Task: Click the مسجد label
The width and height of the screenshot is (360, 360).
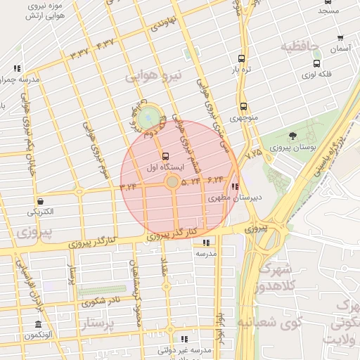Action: pyautogui.click(x=328, y=11)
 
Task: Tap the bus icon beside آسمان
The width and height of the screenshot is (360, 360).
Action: pyautogui.click(x=340, y=39)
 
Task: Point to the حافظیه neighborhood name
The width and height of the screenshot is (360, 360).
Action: pyautogui.click(x=300, y=47)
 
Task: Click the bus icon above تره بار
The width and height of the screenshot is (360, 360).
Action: pyautogui.click(x=241, y=59)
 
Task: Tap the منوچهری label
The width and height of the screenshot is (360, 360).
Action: pyautogui.click(x=243, y=120)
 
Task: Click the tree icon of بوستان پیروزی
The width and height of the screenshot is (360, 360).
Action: pyautogui.click(x=292, y=136)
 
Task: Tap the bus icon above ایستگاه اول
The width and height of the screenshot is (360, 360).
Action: pyautogui.click(x=165, y=156)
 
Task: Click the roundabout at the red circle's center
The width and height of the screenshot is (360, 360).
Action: pyautogui.click(x=172, y=183)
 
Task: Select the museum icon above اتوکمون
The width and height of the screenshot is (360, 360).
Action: pyautogui.click(x=38, y=324)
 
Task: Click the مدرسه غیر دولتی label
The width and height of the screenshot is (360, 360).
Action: pyautogui.click(x=184, y=349)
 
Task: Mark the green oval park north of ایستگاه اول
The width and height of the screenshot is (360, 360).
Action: pyautogui.click(x=148, y=117)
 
